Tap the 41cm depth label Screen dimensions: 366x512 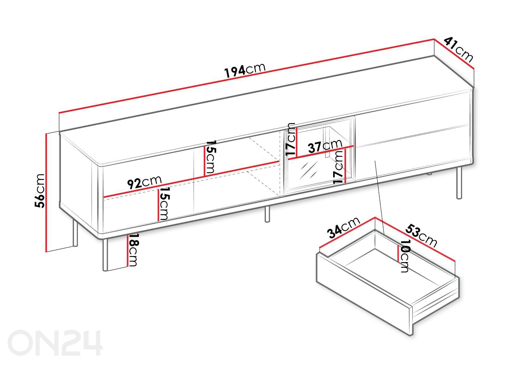point(458,50)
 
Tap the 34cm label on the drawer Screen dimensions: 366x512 point(344,228)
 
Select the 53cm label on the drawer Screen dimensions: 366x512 point(421,236)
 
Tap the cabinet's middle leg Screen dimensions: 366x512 point(267,214)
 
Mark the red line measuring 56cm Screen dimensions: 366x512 point(46,192)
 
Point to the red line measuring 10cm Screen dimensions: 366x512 point(398,254)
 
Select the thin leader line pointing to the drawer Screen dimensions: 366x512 point(380,198)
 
